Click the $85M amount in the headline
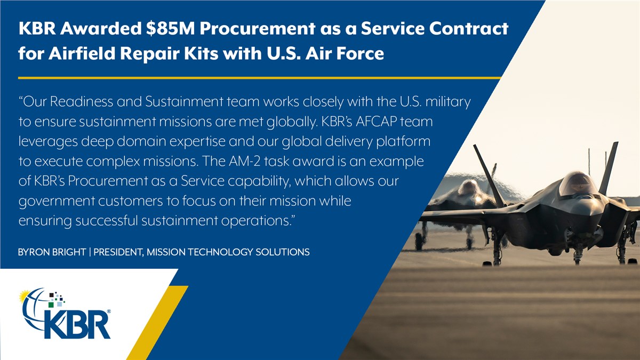pos(170,29)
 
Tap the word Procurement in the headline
pos(258,29)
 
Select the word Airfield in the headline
pos(82,53)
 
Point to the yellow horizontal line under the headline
pos(259,78)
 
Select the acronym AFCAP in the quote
pos(376,122)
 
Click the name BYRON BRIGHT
pos(52,252)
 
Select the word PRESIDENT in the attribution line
pos(118,252)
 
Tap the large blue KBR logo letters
pos(77,325)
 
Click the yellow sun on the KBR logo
pos(25,296)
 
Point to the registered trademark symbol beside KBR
pos(109,311)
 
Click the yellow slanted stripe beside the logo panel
pos(157,323)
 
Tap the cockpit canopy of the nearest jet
pos(578,183)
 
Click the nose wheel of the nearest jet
pos(578,258)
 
